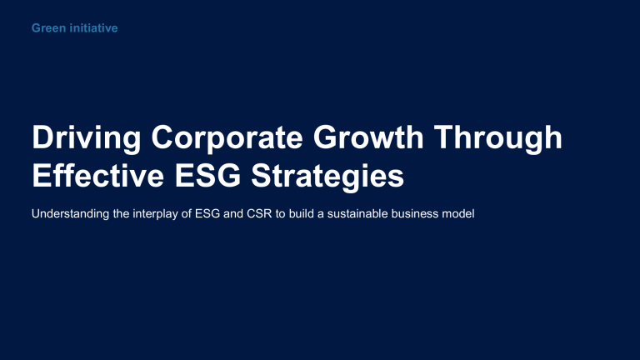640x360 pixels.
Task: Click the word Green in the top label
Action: pyautogui.click(x=47, y=29)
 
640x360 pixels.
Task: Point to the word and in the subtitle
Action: pyautogui.click(x=232, y=214)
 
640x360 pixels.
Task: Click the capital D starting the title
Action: pyautogui.click(x=40, y=139)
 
